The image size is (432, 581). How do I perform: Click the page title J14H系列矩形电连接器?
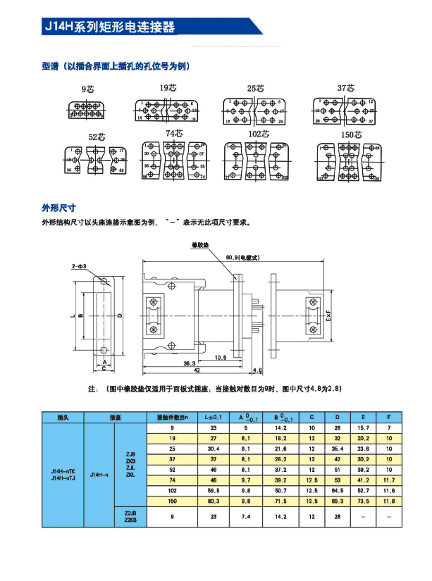pos(109,27)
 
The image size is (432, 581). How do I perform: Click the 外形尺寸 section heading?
pos(58,208)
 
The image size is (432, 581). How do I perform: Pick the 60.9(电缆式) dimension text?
pos(247,258)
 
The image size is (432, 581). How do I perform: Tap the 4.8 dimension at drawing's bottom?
pos(257,370)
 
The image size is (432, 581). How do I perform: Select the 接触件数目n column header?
pos(172,417)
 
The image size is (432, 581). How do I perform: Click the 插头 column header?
pos(63,417)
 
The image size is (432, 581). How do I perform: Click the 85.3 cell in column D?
pos(337,500)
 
